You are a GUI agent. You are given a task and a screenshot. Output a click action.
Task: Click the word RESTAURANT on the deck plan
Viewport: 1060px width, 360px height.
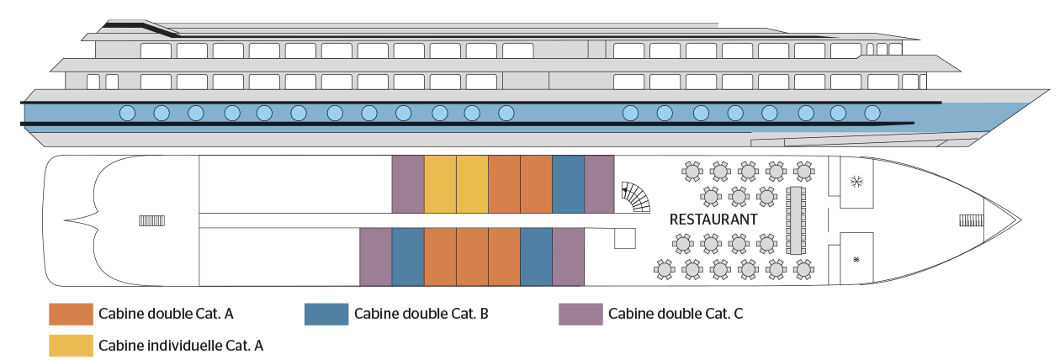tap(713, 220)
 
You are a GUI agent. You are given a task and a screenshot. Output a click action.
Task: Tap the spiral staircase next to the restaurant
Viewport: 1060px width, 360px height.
tap(635, 197)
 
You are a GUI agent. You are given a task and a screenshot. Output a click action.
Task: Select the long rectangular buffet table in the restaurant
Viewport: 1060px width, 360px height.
tap(796, 220)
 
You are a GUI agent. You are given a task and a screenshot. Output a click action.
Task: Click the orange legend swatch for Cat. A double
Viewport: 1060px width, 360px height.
tap(71, 314)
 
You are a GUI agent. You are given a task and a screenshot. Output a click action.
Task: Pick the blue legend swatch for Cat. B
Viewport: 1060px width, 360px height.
tap(326, 314)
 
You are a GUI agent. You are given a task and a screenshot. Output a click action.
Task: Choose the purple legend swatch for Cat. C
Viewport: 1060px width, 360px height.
tap(580, 314)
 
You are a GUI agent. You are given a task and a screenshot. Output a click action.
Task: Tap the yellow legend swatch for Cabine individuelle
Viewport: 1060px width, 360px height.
tap(71, 346)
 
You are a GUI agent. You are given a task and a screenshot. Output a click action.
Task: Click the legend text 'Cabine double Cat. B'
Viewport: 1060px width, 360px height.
tap(421, 314)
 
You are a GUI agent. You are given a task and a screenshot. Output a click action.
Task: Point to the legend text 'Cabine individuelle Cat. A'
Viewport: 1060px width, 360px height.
tap(181, 346)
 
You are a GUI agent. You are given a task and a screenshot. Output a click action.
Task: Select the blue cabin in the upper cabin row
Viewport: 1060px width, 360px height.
tap(569, 184)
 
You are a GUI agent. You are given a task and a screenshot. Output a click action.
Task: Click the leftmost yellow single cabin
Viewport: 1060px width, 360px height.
tap(440, 184)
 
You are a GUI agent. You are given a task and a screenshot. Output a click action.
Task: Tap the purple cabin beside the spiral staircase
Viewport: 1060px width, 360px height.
tap(600, 184)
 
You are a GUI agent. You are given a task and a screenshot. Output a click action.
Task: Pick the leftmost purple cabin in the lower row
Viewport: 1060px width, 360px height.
tap(376, 257)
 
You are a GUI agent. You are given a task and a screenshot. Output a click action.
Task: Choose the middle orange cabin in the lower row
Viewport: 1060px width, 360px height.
tap(472, 257)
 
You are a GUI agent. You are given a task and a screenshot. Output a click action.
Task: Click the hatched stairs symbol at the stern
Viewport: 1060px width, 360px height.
tap(152, 221)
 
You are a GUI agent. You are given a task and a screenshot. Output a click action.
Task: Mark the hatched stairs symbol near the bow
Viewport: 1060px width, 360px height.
tap(972, 220)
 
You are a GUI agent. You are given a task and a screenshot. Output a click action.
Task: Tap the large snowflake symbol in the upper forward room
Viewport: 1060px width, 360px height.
tap(856, 181)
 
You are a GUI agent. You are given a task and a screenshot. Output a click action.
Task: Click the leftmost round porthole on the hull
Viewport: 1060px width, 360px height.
tap(127, 114)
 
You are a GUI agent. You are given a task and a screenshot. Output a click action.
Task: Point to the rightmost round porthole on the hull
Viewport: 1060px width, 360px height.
tap(872, 114)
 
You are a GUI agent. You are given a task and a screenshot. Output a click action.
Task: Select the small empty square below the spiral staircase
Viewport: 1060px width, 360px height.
tap(624, 238)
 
